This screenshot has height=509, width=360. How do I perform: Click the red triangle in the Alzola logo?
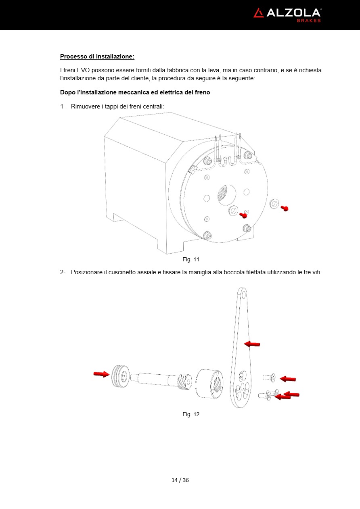[x=258, y=13]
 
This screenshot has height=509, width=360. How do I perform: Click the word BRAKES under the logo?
[x=309, y=21]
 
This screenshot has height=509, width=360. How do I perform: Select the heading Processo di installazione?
[x=97, y=56]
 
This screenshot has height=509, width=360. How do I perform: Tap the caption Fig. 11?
[x=191, y=259]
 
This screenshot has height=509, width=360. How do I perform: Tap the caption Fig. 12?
[x=191, y=414]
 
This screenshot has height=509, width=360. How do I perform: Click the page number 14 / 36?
[x=180, y=480]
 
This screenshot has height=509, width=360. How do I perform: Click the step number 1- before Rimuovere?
[x=63, y=106]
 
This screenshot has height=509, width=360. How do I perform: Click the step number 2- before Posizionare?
[x=63, y=272]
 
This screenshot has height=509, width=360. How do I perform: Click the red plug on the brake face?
[x=243, y=215]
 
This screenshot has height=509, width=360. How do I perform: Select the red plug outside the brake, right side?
[x=285, y=208]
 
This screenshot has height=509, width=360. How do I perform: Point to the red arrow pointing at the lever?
[x=252, y=344]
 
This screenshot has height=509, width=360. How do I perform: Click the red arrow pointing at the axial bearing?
[x=101, y=374]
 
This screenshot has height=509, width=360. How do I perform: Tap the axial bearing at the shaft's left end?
[x=120, y=376]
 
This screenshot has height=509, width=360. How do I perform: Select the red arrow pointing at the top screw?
[x=288, y=379]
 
